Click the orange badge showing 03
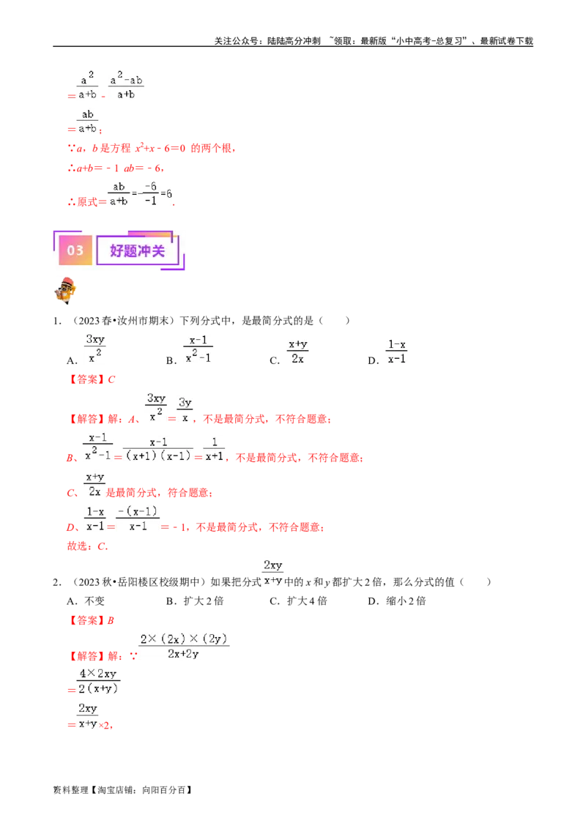point(75,250)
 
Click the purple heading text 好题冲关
point(138,250)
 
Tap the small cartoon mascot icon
point(66,291)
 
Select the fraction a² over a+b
point(88,84)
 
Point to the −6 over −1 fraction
point(150,193)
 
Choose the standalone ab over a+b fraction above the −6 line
point(88,121)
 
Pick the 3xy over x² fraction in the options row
point(95,349)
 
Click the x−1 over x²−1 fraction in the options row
point(199,349)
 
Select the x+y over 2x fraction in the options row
point(296,352)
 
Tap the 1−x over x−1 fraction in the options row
point(396,352)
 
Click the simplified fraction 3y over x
point(185,410)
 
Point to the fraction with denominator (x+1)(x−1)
point(157,448)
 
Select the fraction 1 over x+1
point(215,448)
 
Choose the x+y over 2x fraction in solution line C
point(94,483)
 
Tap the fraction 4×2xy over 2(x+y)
point(98,680)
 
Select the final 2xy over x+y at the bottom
point(87,715)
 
